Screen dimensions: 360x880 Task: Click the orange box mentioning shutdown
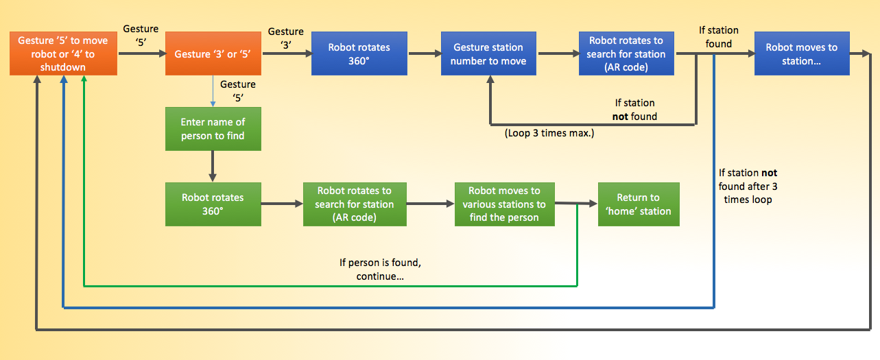(x=62, y=53)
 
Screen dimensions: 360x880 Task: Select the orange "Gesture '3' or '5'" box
(x=213, y=53)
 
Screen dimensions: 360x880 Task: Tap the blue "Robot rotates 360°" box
(x=359, y=53)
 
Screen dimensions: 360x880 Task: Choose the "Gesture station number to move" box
(x=488, y=53)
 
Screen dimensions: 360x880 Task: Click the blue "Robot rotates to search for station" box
(x=626, y=53)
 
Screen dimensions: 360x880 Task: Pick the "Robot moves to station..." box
(x=801, y=53)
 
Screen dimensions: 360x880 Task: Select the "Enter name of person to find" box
(x=213, y=129)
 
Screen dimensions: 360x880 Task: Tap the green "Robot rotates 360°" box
(x=213, y=204)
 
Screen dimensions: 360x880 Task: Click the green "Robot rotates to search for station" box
(x=354, y=204)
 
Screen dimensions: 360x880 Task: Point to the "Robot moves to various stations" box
(x=504, y=204)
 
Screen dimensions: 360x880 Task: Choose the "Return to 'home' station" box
(x=638, y=204)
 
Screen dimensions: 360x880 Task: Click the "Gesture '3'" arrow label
(x=285, y=38)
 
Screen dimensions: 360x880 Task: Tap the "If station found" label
(x=718, y=37)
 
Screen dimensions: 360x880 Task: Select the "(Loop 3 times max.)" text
(x=549, y=133)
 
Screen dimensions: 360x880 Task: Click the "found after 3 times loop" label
(x=748, y=186)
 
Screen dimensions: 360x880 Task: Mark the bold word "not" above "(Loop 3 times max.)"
(x=620, y=117)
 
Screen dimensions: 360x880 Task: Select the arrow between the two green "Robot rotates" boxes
(x=282, y=204)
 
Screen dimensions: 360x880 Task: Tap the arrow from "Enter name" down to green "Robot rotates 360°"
(x=213, y=166)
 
